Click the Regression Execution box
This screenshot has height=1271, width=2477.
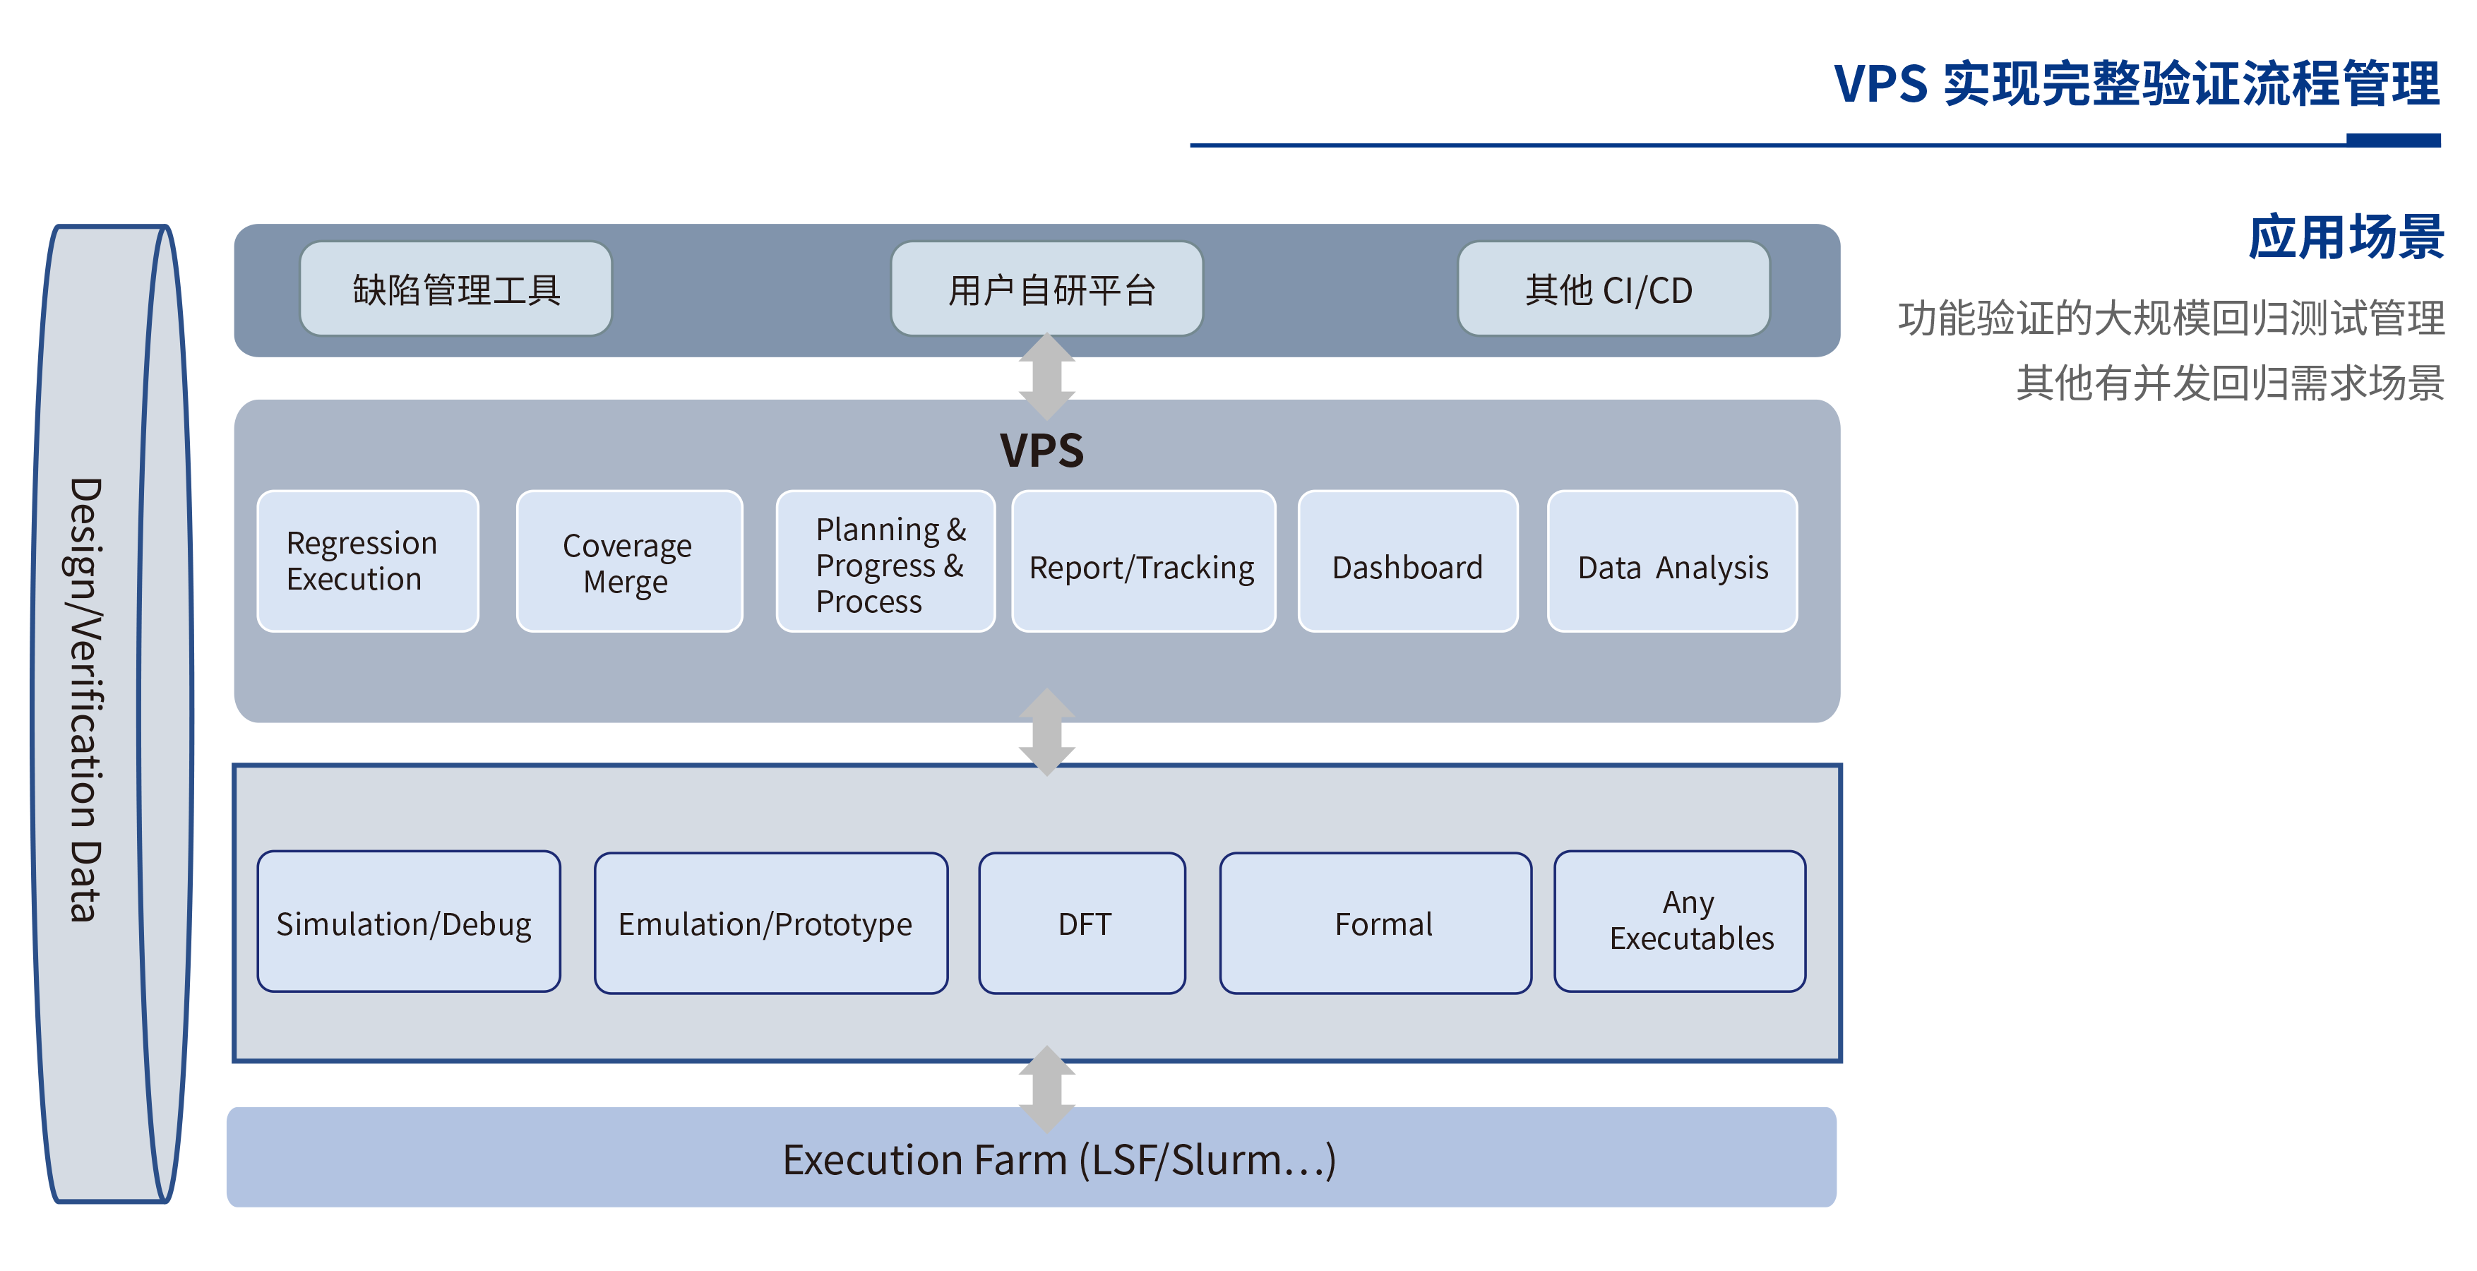367,561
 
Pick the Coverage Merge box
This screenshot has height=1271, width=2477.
629,561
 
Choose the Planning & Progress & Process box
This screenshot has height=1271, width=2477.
885,561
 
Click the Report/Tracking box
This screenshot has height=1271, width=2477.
1143,561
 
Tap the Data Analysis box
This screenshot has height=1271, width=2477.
1672,561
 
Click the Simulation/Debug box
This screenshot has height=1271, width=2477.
409,922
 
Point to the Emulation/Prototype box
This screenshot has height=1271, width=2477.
770,923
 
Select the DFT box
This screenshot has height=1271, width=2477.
1082,923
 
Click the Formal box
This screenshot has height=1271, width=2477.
1375,923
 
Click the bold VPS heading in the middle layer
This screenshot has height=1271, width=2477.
1041,450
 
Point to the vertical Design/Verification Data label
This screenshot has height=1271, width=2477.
87,699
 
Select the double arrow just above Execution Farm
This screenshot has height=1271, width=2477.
1047,1088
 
